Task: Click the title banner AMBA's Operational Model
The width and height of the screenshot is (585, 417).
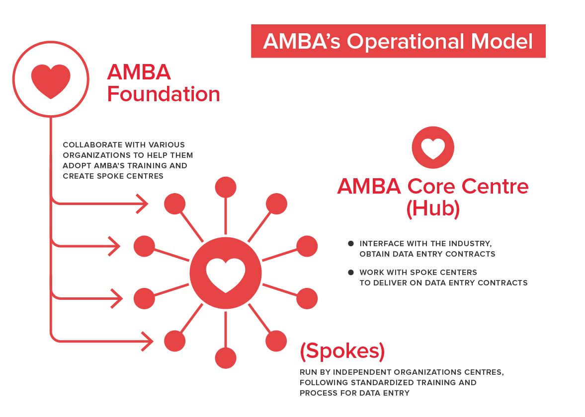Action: click(398, 41)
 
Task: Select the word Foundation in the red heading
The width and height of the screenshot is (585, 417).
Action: click(164, 94)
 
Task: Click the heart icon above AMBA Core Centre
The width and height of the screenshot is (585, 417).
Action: click(433, 147)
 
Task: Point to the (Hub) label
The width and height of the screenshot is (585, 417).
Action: click(433, 208)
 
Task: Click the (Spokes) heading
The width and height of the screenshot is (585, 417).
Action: click(342, 350)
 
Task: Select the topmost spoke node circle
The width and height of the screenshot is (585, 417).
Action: click(226, 187)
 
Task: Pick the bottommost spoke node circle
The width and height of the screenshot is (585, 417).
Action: click(226, 358)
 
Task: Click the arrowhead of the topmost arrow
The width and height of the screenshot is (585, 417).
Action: click(143, 204)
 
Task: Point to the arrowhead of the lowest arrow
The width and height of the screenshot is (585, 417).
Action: click(148, 341)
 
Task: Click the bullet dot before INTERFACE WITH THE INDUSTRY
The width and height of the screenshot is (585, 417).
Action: click(351, 244)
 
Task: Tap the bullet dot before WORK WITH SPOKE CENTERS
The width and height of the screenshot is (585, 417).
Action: click(351, 273)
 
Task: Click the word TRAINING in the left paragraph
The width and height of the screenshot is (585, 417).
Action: click(149, 165)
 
